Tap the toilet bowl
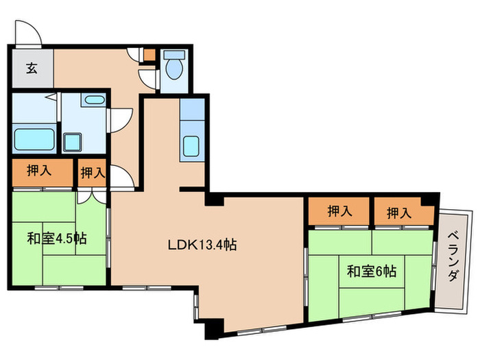tap(174, 68)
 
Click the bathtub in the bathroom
tap(34, 140)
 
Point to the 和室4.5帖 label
tap(57, 239)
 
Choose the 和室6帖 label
tap(371, 271)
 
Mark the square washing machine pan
tap(72, 143)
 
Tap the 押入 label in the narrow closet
tap(93, 173)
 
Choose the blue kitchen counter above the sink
tap(192, 110)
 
